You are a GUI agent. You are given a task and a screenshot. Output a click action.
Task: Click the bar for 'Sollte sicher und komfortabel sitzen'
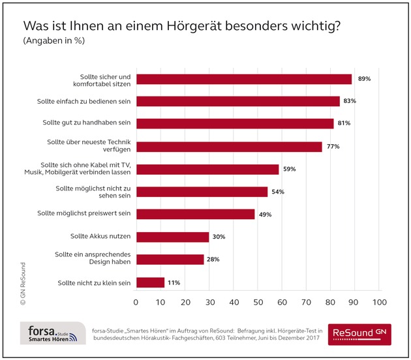click(243, 79)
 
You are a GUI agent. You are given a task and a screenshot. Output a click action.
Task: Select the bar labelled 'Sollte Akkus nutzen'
click(172, 237)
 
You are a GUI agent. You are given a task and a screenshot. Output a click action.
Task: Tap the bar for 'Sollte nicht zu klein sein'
click(149, 282)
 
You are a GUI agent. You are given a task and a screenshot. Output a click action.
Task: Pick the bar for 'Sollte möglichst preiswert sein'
click(195, 214)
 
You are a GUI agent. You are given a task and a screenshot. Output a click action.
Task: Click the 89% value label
click(364, 79)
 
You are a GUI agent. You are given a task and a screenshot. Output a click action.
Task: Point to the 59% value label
click(290, 170)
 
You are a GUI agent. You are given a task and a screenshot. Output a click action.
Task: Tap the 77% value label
click(333, 147)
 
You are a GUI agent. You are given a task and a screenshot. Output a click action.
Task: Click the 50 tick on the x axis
click(257, 303)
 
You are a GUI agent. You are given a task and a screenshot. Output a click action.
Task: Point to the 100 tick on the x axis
click(378, 303)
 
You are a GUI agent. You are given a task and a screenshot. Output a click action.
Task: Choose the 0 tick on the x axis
click(136, 303)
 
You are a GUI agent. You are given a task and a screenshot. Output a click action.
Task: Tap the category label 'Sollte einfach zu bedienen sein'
click(83, 101)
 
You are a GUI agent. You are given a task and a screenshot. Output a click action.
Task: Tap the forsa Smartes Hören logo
click(52, 333)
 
